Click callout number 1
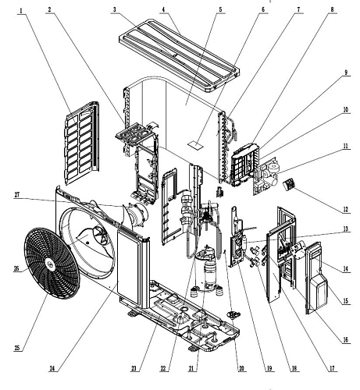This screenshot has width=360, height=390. click(x=21, y=11)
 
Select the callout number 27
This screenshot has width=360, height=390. click(x=17, y=195)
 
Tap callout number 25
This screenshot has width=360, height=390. click(x=17, y=348)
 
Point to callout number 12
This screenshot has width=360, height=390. click(x=345, y=210)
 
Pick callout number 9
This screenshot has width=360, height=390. click(x=346, y=73)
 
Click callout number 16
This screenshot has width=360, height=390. click(x=345, y=340)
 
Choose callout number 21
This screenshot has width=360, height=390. click(x=191, y=368)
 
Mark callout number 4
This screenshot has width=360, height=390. click(x=163, y=9)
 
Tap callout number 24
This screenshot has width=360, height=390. click(x=52, y=368)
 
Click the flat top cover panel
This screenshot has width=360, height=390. click(x=179, y=55)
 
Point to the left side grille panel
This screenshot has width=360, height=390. click(x=81, y=143)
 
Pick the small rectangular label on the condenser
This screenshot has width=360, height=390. click(x=196, y=144)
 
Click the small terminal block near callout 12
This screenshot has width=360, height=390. click(x=289, y=185)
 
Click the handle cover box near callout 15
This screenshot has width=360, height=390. click(x=318, y=291)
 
